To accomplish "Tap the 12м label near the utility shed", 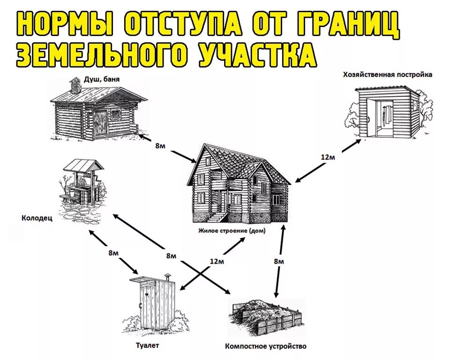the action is click(328, 157).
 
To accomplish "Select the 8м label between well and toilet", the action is click(113, 253).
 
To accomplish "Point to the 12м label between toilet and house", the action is click(217, 261).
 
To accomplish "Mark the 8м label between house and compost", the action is click(279, 261).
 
